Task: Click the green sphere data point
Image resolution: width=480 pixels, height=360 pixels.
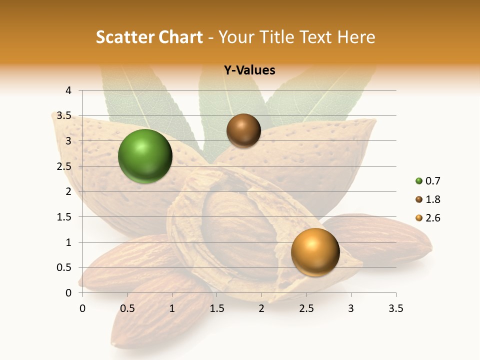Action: [x=145, y=156]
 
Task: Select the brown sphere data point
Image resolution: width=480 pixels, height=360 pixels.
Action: [x=243, y=131]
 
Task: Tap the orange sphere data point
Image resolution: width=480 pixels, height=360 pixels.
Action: [x=315, y=252]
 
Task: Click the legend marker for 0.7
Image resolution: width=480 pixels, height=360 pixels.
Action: [x=418, y=181]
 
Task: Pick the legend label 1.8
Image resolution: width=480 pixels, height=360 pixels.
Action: [x=432, y=199]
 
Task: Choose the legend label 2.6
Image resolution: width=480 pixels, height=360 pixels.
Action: [x=432, y=218]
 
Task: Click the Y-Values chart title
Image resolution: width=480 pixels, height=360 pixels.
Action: [x=249, y=70]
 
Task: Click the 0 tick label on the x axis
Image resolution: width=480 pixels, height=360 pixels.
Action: [x=82, y=308]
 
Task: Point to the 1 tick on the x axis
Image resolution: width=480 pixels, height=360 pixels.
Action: [x=172, y=308]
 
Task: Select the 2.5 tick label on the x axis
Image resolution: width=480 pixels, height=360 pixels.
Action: [x=306, y=308]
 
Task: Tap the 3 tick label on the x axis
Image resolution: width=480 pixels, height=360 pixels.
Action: [x=351, y=308]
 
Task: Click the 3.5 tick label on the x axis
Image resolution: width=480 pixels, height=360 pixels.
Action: [x=395, y=308]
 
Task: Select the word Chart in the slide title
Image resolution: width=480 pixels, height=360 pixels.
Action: [x=180, y=37]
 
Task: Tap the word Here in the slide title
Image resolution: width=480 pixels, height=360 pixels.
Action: [x=355, y=37]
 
